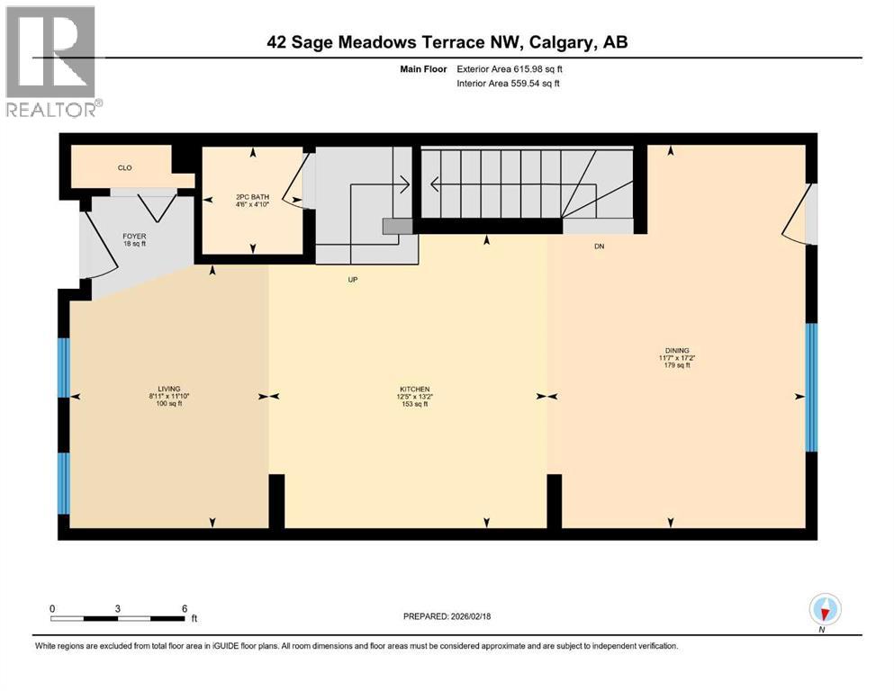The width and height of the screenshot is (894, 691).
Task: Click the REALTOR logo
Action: click(x=52, y=60)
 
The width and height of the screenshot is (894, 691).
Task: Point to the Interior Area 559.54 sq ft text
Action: click(x=509, y=84)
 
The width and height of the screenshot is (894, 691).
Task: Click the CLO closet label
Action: click(x=124, y=167)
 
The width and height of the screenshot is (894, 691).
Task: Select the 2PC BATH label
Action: click(x=252, y=200)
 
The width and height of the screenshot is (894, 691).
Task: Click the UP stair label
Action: click(x=353, y=280)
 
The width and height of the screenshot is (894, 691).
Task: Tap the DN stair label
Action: click(x=599, y=246)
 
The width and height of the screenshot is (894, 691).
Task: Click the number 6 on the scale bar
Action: click(x=185, y=607)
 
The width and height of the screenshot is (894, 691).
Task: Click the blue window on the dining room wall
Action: click(x=811, y=387)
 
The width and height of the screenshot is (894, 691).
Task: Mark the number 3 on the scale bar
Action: click(x=118, y=607)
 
